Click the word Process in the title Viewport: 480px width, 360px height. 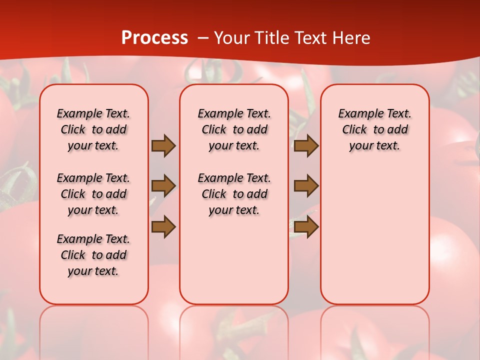tap(154, 38)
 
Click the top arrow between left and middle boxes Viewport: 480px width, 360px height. tap(163, 145)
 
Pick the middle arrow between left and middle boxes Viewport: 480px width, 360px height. tap(163, 186)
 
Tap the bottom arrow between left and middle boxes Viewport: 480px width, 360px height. tap(163, 226)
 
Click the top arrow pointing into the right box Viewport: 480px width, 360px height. tap(306, 145)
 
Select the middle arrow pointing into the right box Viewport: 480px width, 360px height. tap(306, 186)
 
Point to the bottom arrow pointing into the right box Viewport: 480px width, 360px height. tap(306, 226)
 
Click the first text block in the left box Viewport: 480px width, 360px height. tap(93, 129)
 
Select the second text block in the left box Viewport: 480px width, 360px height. tap(93, 194)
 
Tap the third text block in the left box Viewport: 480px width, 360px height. tap(93, 255)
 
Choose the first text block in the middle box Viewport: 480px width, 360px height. tap(234, 129)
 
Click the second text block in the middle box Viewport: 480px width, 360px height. tap(234, 194)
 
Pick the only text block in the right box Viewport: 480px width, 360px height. tap(375, 129)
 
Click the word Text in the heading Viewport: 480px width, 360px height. tap(310, 38)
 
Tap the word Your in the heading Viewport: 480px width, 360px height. tap(231, 38)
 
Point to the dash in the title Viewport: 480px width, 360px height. tap(203, 38)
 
